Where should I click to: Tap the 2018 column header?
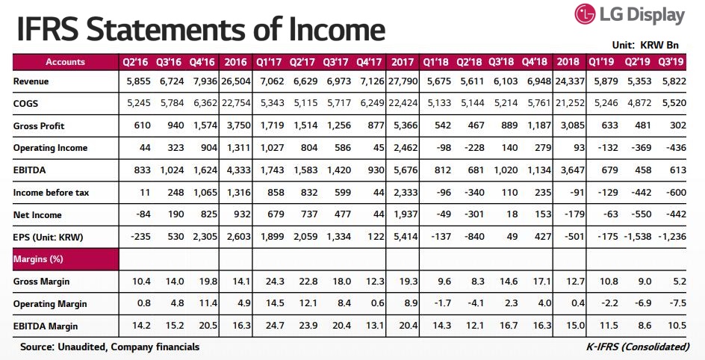(x=569, y=62)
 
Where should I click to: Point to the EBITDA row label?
(x=31, y=170)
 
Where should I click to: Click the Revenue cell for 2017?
(x=403, y=81)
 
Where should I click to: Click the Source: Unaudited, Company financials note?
(x=110, y=347)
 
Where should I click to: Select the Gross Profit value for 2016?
(x=236, y=126)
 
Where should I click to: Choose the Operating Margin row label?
(x=50, y=304)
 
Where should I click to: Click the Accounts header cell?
(x=66, y=62)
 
